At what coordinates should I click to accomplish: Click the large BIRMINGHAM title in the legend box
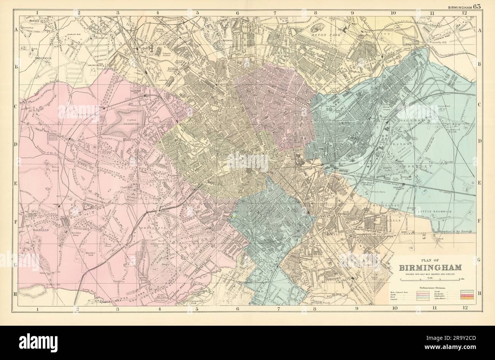431,267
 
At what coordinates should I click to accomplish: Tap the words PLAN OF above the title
431,258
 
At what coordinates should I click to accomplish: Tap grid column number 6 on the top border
237,13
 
